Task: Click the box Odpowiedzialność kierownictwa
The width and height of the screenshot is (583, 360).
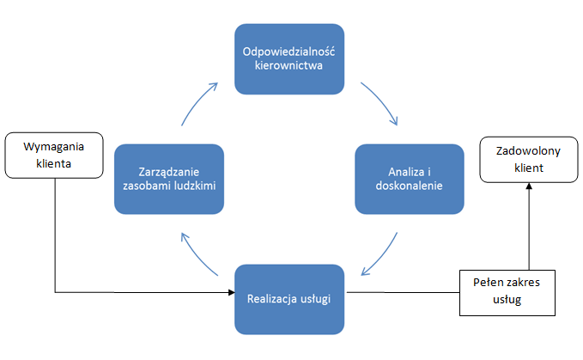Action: [x=289, y=58]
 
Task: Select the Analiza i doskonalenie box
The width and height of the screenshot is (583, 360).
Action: [x=410, y=179]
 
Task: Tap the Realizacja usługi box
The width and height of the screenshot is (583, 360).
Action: [x=289, y=299]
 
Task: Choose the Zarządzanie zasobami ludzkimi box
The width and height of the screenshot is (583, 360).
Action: [x=169, y=179]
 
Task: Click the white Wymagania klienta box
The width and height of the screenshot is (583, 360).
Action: [x=53, y=152]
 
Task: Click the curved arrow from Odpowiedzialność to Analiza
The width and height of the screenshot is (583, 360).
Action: [x=382, y=101]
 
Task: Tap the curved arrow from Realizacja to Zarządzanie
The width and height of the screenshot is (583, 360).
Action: [x=197, y=254]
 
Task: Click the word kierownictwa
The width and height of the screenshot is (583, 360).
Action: [x=289, y=65]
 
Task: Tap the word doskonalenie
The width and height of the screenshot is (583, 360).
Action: [x=410, y=186]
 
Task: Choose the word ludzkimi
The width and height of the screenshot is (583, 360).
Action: [x=201, y=186]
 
